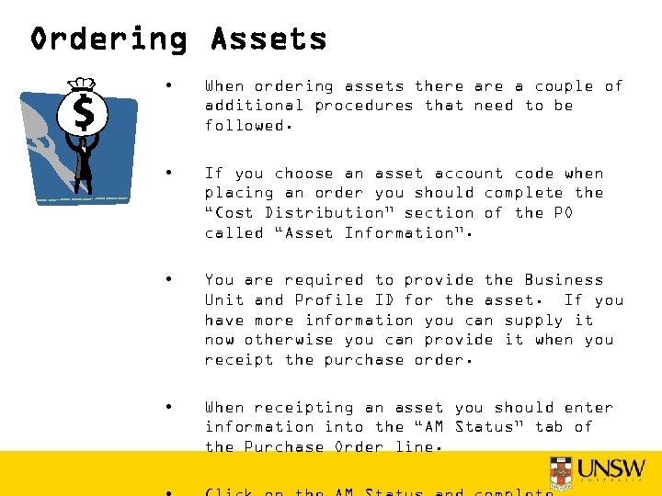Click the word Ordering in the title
click(x=108, y=39)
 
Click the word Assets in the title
click(x=268, y=39)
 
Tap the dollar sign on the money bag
click(x=83, y=114)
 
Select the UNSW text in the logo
click(x=612, y=468)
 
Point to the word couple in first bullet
click(x=564, y=86)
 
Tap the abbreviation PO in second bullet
click(x=564, y=213)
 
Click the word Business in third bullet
click(x=564, y=280)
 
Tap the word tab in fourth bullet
click(x=549, y=427)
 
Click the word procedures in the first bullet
click(x=364, y=106)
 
